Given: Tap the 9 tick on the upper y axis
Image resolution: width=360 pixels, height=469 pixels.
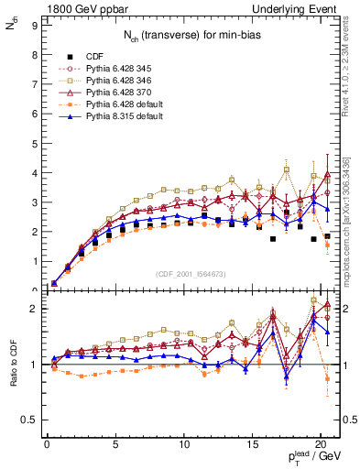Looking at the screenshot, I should tap(34, 26).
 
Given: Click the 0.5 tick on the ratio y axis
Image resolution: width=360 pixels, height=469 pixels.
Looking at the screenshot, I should tap(29, 420).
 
